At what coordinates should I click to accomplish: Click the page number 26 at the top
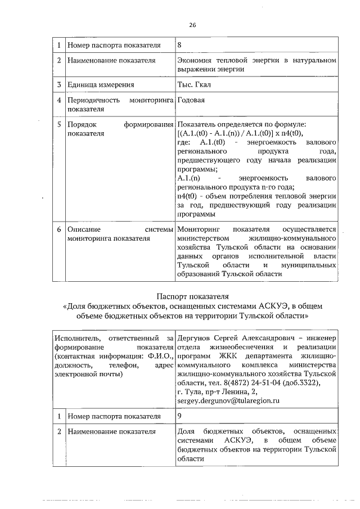pos(192,25)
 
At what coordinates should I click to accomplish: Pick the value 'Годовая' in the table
pos(191,100)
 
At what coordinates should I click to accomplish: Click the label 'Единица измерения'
pos(101,85)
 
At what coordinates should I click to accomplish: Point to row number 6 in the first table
pos(58,229)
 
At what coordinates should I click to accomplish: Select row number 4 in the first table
pos(58,100)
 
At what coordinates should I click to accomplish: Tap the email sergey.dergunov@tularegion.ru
pos(228,400)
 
